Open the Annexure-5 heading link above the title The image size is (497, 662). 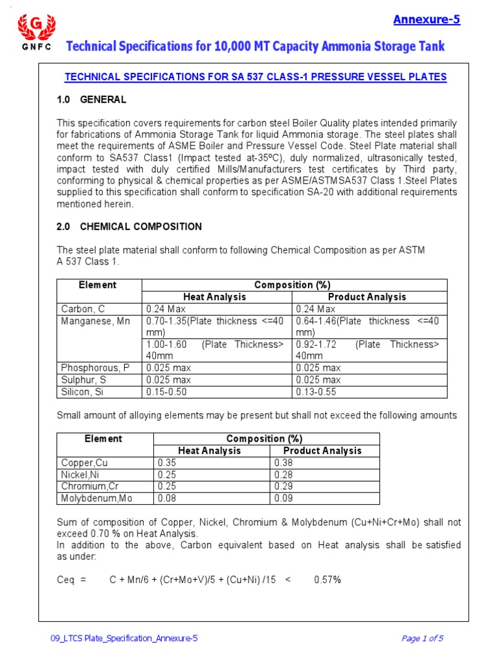click(x=426, y=19)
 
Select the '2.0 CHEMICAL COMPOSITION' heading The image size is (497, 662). click(x=129, y=226)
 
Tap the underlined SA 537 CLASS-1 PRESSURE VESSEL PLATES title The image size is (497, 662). click(x=255, y=77)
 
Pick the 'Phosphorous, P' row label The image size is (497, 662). click(x=95, y=368)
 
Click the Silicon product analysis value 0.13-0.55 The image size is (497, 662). click(x=316, y=392)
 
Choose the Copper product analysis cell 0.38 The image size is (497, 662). click(x=283, y=463)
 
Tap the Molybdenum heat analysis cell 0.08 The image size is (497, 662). click(x=166, y=498)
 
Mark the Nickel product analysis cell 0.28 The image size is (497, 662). click(x=283, y=475)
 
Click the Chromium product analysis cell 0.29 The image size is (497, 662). click(x=283, y=486)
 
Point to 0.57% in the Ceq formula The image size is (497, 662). click(x=327, y=580)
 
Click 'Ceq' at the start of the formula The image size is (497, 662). click(x=66, y=580)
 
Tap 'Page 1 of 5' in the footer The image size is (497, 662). click(x=422, y=639)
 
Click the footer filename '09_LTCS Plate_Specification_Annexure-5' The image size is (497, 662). click(x=124, y=639)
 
